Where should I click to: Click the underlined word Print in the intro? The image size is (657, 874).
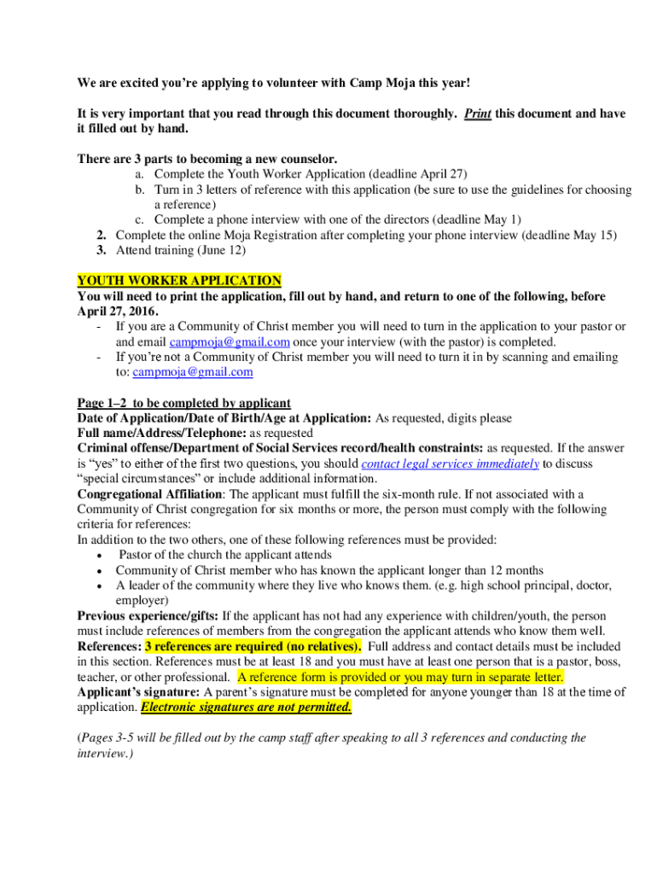point(478,114)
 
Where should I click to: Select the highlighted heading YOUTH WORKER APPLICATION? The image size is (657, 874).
point(179,281)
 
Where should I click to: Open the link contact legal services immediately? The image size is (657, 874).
point(451,463)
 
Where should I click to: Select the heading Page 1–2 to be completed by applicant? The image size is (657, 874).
point(183,403)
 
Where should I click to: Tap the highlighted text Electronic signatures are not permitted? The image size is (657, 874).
point(246,708)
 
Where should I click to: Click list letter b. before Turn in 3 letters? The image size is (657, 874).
point(138,189)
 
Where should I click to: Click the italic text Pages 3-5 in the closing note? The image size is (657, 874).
point(113,738)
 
